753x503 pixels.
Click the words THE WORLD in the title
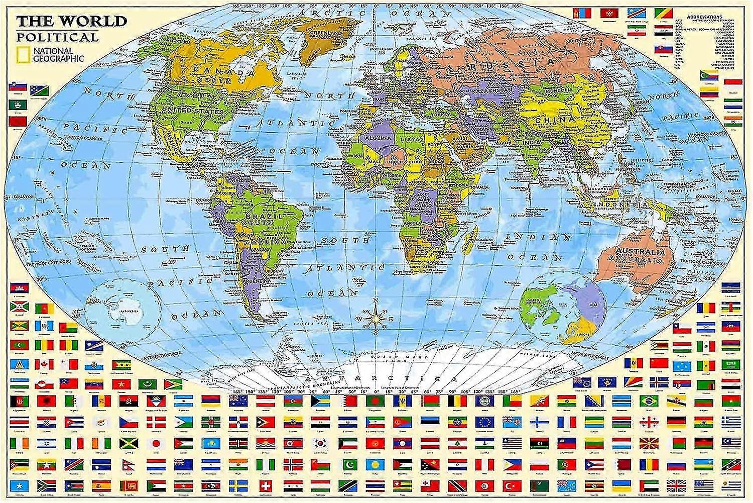(x=71, y=22)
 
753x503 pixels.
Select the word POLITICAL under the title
(x=57, y=37)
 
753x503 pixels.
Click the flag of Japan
(x=156, y=444)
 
